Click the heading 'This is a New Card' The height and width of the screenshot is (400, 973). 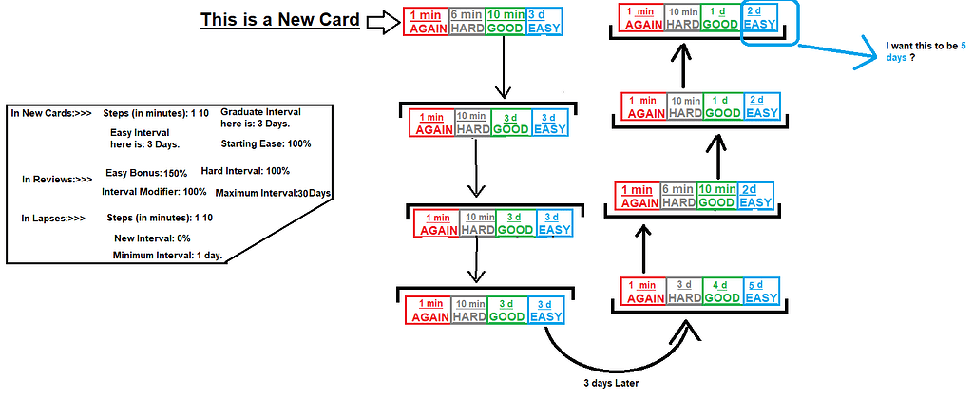(279, 21)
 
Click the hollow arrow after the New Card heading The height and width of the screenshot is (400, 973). (384, 23)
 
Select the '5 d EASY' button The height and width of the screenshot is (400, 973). (761, 291)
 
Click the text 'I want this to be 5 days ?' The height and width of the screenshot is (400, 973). (924, 50)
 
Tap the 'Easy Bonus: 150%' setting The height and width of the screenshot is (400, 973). (145, 173)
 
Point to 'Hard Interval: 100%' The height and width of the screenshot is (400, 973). (245, 171)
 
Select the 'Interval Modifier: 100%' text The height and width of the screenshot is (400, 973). (154, 191)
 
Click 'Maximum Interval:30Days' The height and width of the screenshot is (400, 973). (273, 193)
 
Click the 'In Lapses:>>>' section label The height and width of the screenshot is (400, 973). (53, 218)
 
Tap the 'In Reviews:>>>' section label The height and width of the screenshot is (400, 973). (57, 179)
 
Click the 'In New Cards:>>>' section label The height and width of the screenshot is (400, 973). (51, 112)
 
